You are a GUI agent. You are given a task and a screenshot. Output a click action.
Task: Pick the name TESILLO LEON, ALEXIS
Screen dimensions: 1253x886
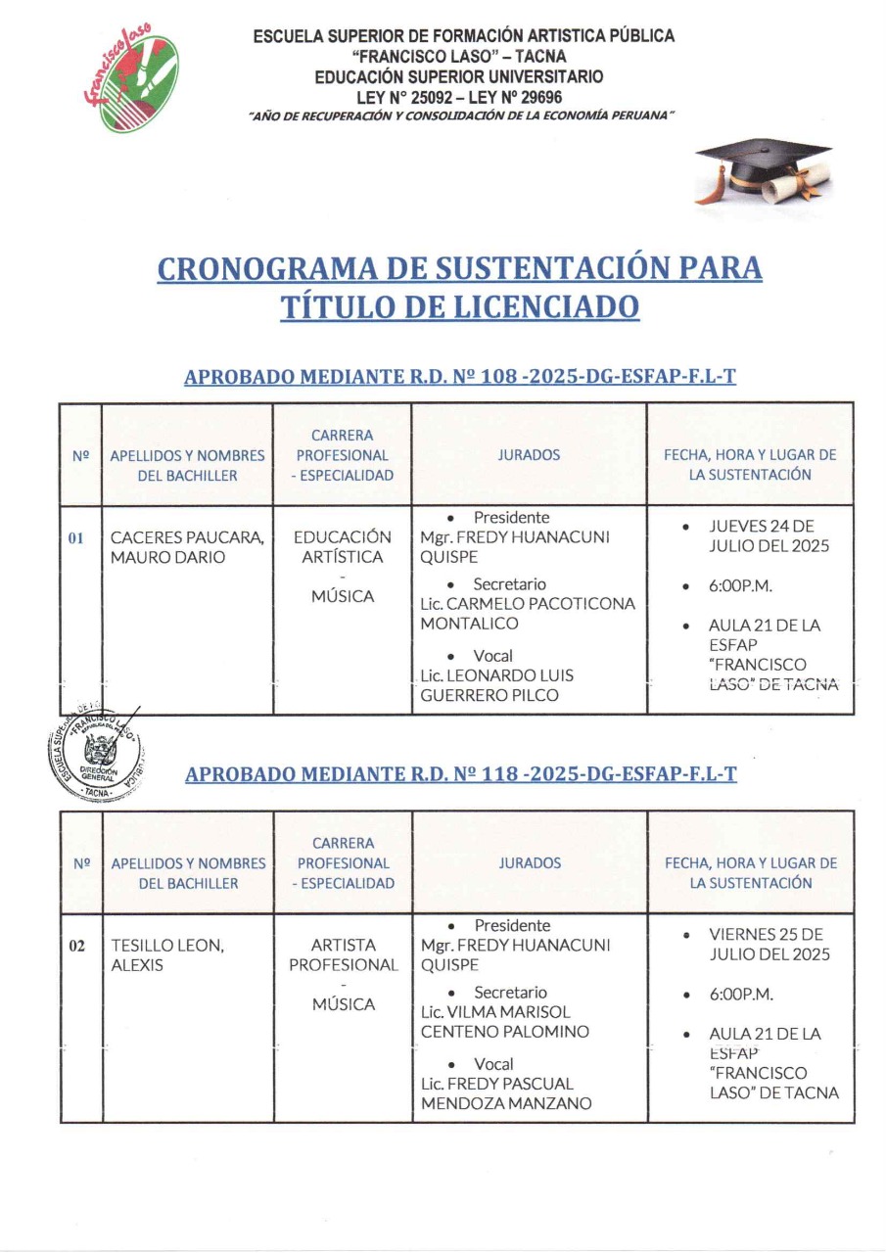(x=167, y=955)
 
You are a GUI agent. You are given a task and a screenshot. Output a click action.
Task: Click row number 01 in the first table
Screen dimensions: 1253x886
(x=76, y=537)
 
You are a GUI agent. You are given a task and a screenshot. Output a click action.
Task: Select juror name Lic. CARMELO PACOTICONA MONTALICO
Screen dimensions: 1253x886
(x=527, y=614)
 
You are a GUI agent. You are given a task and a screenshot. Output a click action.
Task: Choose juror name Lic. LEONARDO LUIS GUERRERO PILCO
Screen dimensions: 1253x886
(x=496, y=685)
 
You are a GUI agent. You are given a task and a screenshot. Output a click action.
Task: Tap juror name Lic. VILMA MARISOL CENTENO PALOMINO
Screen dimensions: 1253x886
(x=506, y=1022)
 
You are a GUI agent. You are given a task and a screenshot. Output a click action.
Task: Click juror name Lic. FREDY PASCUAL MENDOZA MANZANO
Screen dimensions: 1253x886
(x=505, y=1093)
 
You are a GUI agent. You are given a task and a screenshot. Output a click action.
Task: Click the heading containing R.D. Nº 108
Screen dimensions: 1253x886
(x=459, y=377)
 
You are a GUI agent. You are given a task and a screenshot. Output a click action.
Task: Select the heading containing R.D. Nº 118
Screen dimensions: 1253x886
(x=460, y=774)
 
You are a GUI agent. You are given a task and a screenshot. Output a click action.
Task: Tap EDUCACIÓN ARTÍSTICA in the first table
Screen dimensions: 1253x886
(x=342, y=547)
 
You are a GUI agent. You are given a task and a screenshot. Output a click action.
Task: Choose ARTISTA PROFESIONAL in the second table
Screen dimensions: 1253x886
(x=343, y=955)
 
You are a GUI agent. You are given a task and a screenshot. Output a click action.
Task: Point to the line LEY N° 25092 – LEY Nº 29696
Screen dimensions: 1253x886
(x=464, y=97)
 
